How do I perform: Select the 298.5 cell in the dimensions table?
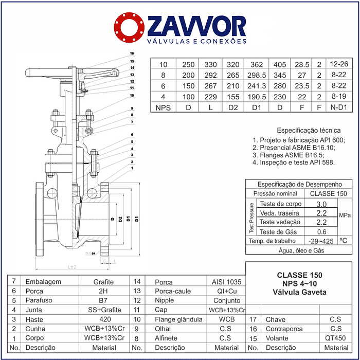256,76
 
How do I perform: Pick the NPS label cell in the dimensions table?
163,107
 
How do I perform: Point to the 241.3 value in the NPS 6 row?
256,86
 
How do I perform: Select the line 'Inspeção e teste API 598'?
294,162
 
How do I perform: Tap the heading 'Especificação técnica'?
309,131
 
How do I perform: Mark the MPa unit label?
344,216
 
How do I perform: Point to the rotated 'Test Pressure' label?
251,218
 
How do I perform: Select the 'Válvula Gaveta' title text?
299,292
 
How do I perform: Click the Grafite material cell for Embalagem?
103,282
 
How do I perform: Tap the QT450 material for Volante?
335,338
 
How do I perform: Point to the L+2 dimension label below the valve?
71,267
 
